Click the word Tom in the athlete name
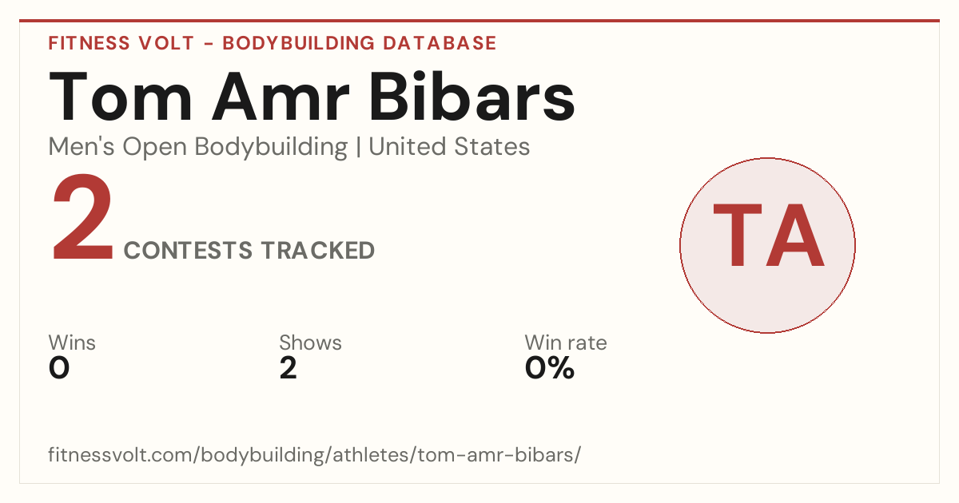[x=121, y=97]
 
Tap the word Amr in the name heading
[x=281, y=97]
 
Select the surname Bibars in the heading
[x=472, y=97]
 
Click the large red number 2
[x=82, y=217]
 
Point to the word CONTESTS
[x=188, y=250]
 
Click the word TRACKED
[x=318, y=250]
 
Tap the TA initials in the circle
[x=769, y=235]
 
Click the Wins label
[x=72, y=343]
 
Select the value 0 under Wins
[x=59, y=368]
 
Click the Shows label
[x=310, y=343]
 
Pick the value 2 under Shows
[x=288, y=368]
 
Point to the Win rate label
[x=566, y=343]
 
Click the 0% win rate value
[x=550, y=368]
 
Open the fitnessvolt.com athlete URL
[x=315, y=454]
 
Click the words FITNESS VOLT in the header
[x=121, y=43]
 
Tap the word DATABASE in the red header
[x=440, y=43]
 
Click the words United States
[x=449, y=147]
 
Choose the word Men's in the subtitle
[x=82, y=147]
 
